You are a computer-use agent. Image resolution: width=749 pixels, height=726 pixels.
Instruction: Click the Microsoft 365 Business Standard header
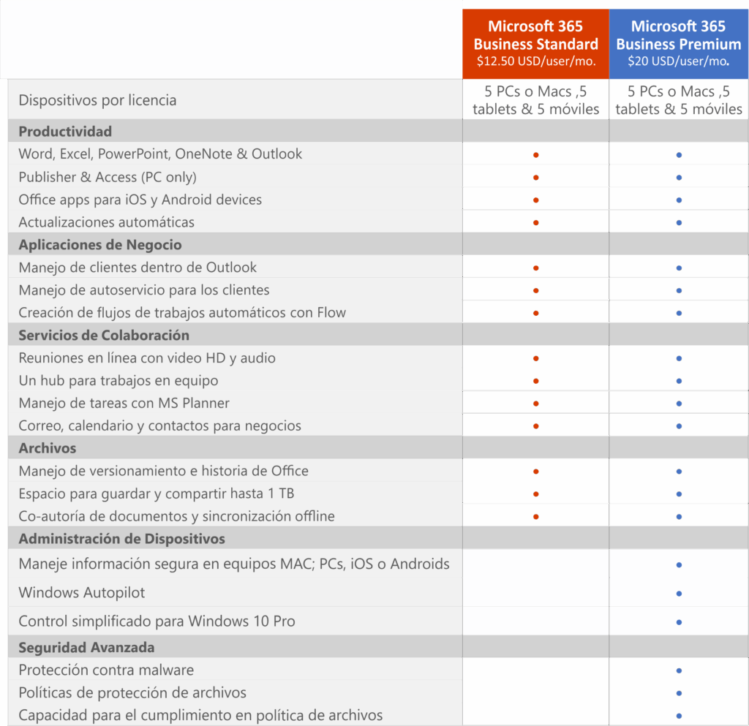[535, 35]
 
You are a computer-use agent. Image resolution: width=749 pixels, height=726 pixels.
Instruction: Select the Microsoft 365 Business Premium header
[678, 35]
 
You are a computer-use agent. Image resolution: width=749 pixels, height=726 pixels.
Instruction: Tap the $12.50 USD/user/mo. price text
[535, 61]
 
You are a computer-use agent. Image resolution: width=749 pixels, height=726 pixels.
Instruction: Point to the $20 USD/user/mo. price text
[678, 61]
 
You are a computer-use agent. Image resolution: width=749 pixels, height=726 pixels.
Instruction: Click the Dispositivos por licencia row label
[97, 100]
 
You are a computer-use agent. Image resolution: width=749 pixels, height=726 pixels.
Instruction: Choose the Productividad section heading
[65, 132]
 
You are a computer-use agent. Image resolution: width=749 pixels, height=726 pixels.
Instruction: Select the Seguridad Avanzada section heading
[86, 648]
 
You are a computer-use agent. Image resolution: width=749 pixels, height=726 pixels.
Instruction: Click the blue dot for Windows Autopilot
[680, 593]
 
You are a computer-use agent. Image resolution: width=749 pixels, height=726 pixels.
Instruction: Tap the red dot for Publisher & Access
[536, 178]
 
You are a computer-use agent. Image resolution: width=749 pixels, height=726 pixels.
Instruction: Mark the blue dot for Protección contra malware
[680, 670]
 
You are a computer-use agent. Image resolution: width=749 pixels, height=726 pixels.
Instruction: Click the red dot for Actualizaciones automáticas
[536, 222]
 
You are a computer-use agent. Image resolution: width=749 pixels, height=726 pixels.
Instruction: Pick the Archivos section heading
[48, 448]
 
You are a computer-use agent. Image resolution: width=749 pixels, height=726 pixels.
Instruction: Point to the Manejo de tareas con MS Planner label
[124, 403]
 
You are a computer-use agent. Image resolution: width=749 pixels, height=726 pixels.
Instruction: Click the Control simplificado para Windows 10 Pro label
[157, 621]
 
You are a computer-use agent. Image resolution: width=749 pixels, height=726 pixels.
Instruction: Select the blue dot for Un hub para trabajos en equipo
[680, 381]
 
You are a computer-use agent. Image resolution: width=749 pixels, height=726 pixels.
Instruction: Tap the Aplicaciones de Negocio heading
[100, 245]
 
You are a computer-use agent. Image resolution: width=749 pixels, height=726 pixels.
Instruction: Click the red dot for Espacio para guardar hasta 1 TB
[536, 494]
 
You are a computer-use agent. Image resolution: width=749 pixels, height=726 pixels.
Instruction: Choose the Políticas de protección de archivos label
[132, 692]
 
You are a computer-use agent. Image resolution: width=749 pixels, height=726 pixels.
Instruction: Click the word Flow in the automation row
[331, 313]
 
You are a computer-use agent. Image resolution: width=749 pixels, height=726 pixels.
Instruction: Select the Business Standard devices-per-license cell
[535, 101]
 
